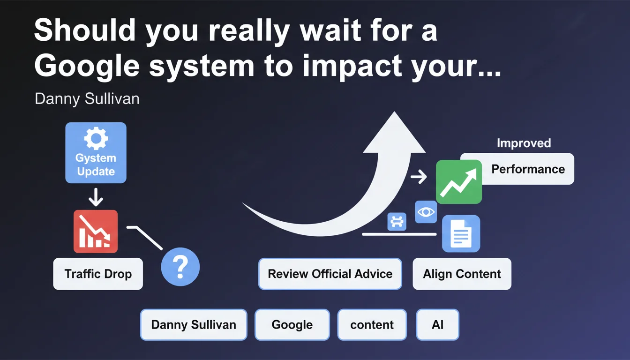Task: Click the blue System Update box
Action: click(96, 153)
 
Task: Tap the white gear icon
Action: click(96, 138)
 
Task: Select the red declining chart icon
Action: click(96, 232)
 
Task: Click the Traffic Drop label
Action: click(98, 274)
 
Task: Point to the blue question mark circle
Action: click(180, 267)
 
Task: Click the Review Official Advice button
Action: click(330, 274)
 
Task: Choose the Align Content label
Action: click(462, 274)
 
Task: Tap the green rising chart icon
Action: click(459, 182)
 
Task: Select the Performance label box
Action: click(517, 169)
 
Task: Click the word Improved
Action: click(524, 143)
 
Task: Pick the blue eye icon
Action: click(426, 212)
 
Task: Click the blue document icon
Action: click(461, 233)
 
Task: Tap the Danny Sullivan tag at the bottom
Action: click(194, 325)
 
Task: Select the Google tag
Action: click(292, 325)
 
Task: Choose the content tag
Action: click(372, 325)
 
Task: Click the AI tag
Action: click(437, 325)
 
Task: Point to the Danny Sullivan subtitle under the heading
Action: click(87, 99)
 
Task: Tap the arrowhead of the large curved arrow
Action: click(394, 132)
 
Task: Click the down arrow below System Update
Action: click(96, 197)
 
